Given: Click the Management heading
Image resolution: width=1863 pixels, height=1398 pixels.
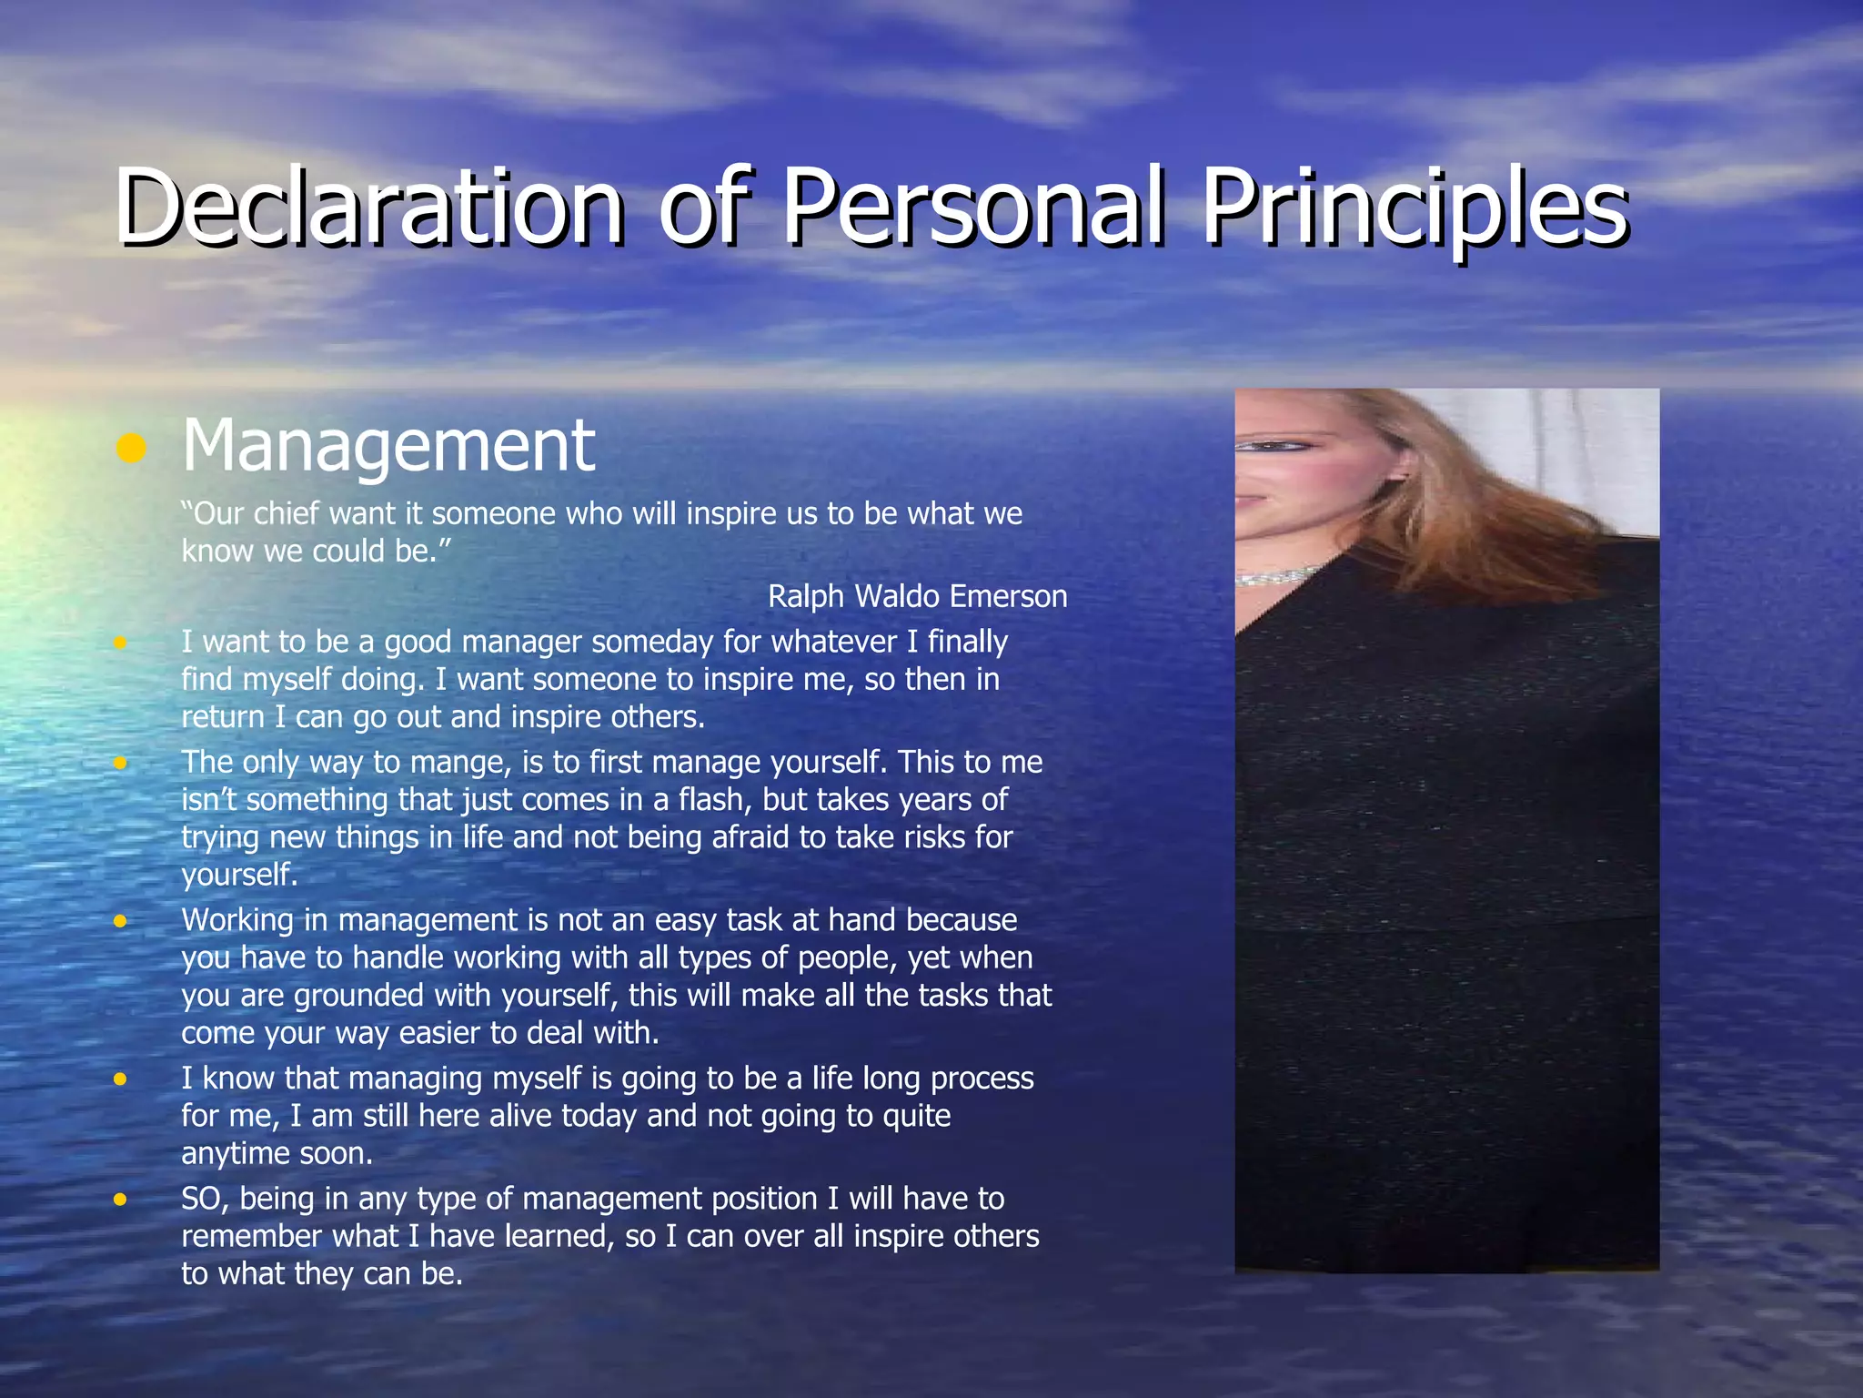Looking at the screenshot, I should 388,445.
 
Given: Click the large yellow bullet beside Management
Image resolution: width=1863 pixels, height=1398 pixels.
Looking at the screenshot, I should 132,448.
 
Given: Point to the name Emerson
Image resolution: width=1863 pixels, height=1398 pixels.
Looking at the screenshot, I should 1009,596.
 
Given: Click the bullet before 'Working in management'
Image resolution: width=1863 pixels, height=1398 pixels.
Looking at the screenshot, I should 120,921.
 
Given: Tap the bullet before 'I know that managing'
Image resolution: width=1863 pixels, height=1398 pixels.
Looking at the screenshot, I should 120,1079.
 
